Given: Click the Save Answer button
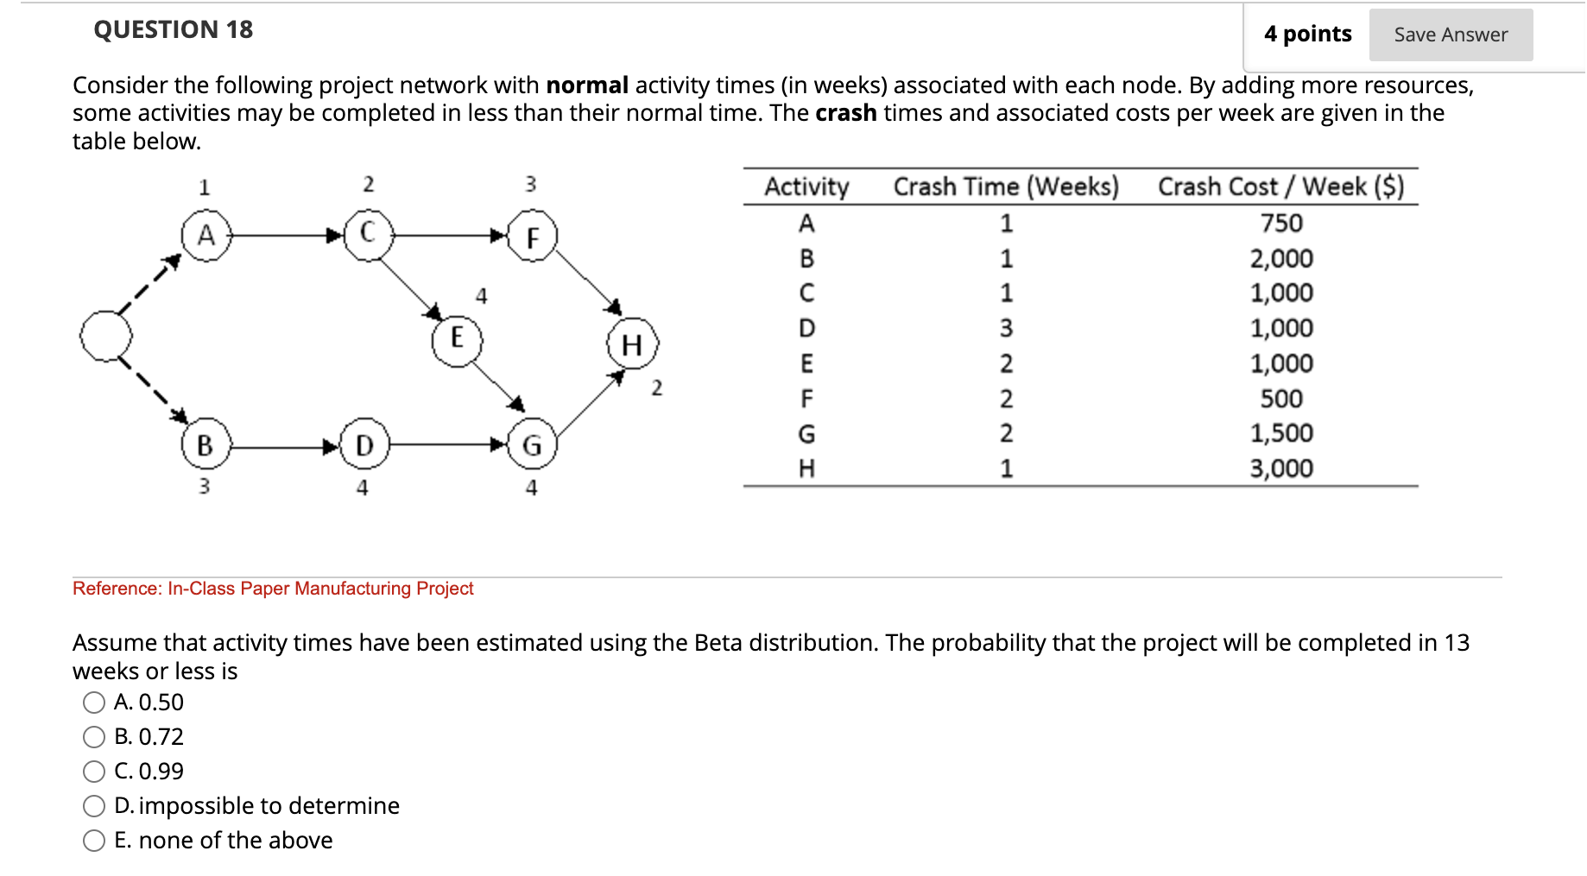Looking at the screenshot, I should click(1450, 35).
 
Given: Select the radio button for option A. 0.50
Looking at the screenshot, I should click(94, 703).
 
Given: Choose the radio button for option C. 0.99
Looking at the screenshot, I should click(94, 772).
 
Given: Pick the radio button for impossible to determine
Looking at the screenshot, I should click(94, 806).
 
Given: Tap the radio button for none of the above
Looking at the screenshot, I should click(94, 841).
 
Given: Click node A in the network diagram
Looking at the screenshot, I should click(206, 236).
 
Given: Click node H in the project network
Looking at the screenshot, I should click(632, 344).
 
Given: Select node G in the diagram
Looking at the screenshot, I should click(532, 445).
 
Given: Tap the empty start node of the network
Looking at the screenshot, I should click(106, 336).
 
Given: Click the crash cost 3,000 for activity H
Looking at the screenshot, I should click(1281, 469).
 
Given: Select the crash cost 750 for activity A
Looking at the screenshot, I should click(1281, 224).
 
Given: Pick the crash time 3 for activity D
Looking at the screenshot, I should click(1006, 329).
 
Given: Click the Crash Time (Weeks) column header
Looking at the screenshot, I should click(1006, 186).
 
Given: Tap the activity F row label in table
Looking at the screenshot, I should click(806, 399).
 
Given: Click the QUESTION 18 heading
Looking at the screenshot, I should click(173, 30).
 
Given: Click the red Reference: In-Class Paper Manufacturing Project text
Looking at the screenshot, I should click(273, 589).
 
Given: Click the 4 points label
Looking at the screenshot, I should click(1307, 35).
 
